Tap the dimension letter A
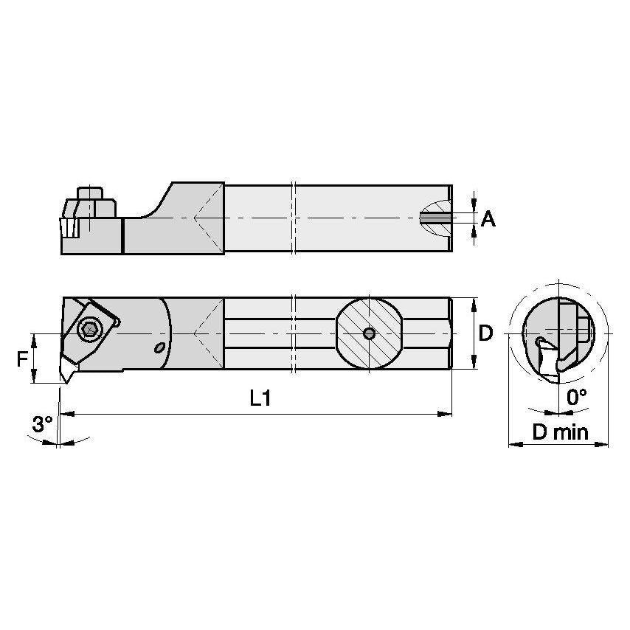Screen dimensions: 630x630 click(x=488, y=218)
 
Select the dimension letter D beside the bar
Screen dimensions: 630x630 click(x=485, y=333)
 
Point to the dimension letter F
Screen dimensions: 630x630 click(x=23, y=359)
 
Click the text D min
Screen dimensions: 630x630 click(x=561, y=432)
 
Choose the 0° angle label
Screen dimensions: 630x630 click(x=576, y=397)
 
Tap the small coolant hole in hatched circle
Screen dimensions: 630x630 click(x=369, y=334)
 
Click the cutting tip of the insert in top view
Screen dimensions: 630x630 click(x=62, y=380)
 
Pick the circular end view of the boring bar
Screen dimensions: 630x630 click(x=558, y=336)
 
